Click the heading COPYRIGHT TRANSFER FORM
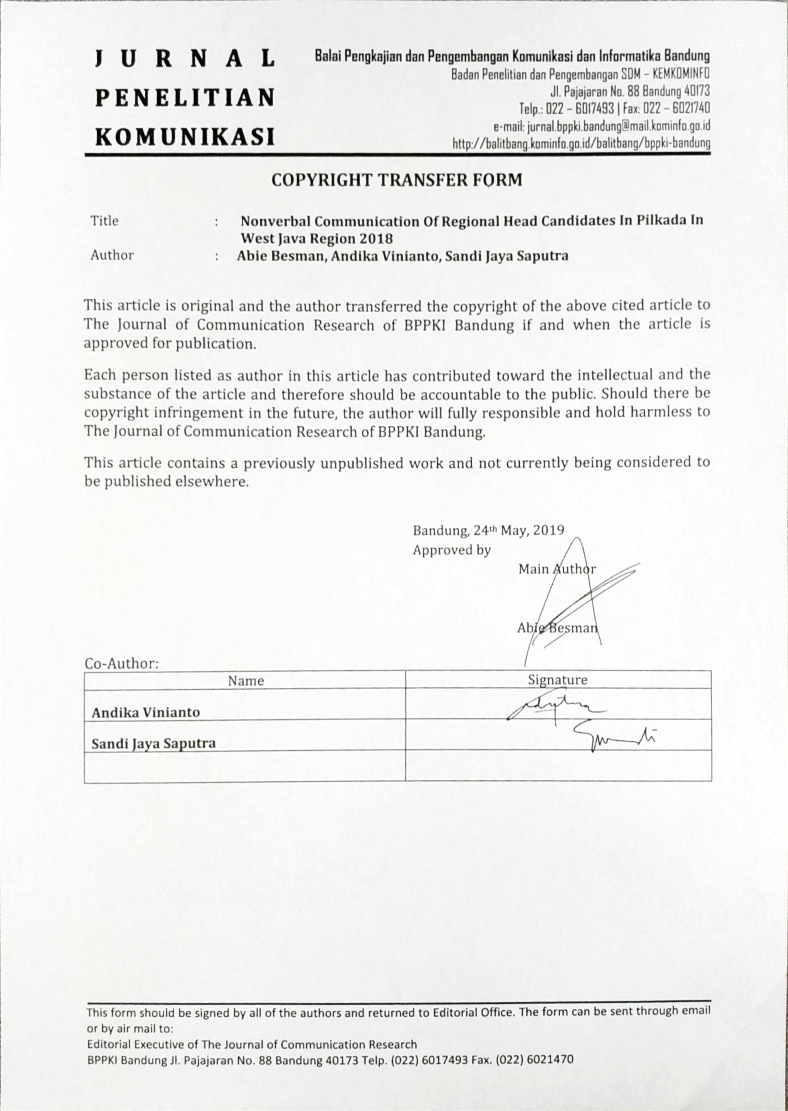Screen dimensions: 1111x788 click(x=396, y=180)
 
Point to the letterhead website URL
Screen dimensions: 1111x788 click(x=581, y=144)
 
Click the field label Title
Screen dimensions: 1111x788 click(x=104, y=221)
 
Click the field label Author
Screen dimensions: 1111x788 click(x=112, y=255)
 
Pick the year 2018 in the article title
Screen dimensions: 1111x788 click(x=374, y=239)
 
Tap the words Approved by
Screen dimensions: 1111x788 click(x=452, y=550)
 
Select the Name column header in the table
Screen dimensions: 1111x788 click(x=246, y=681)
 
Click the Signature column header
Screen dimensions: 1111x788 click(x=557, y=680)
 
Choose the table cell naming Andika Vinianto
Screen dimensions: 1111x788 click(x=146, y=712)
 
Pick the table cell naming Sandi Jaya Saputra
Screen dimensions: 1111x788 click(x=154, y=744)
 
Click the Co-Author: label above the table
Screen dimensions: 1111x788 click(x=122, y=663)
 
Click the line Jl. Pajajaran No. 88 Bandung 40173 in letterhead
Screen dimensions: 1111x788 click(x=630, y=91)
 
